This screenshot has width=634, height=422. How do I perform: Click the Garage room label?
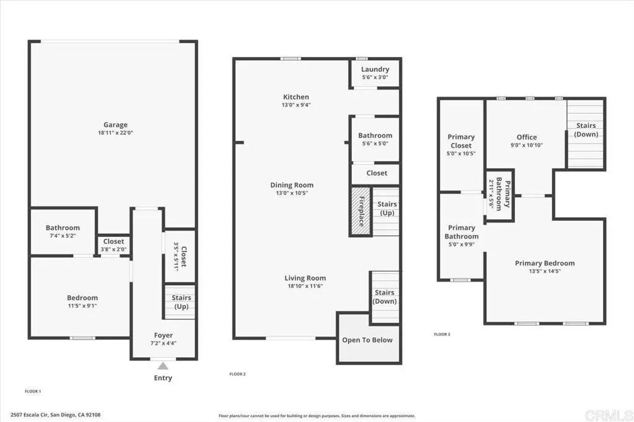coord(115,124)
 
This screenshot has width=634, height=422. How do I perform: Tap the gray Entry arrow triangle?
coord(163,366)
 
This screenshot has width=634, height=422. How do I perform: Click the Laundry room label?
coord(375,69)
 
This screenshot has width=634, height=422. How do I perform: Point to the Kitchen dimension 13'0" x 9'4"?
coord(296,105)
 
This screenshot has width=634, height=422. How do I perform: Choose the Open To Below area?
coord(367,340)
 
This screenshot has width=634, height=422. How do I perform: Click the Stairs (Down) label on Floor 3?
coord(586,130)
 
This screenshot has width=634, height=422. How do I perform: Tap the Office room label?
coord(526,137)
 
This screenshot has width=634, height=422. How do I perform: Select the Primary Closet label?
coord(461,141)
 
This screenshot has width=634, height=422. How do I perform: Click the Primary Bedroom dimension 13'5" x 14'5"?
coord(545,271)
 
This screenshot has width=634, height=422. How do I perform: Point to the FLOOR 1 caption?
coord(33,391)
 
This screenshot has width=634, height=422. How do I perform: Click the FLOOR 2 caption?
coord(238,374)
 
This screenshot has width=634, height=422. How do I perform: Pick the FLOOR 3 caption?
coord(442,334)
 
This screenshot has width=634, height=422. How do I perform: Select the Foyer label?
coord(163,335)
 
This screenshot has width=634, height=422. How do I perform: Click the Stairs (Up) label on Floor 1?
coord(181,301)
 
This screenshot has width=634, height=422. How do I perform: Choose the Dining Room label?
coord(292,185)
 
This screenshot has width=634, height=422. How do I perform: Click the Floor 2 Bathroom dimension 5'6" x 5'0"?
coord(375,144)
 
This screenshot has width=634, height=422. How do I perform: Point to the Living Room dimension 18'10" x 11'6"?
coord(305,286)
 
